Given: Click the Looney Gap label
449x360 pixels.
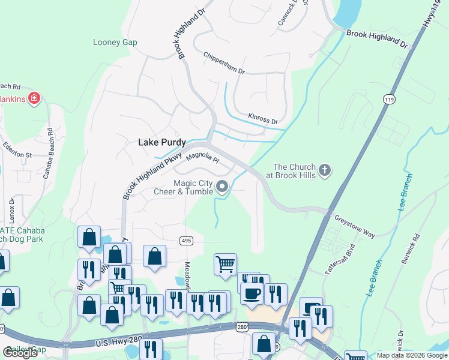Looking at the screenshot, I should [115, 42].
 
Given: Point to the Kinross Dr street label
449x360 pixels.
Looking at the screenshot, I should [263, 118].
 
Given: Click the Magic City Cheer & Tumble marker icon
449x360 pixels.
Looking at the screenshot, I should [222, 187].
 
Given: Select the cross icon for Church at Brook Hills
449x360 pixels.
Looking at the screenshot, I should [324, 170].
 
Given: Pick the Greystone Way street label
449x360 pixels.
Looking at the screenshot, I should [354, 226].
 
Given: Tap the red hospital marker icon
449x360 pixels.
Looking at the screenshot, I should [34, 97].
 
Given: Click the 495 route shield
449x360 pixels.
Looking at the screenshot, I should [185, 241].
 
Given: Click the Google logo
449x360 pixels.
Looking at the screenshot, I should [20, 353].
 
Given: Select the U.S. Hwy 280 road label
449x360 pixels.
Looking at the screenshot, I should [118, 341].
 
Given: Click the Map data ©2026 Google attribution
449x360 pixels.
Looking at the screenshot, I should [411, 355].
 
